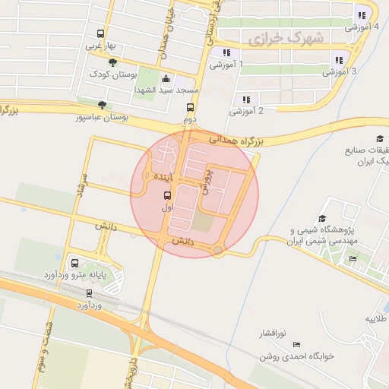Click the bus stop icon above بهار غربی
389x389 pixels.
(x=100, y=33)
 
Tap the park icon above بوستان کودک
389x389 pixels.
(x=112, y=62)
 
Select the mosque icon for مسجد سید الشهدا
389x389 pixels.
(x=166, y=78)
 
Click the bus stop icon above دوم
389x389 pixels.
(x=190, y=108)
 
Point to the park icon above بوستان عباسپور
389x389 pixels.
(x=102, y=106)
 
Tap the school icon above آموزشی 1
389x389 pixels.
(x=226, y=52)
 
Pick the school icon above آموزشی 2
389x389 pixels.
(x=246, y=99)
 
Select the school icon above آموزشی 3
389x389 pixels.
(x=339, y=59)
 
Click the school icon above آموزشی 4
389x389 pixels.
(x=362, y=14)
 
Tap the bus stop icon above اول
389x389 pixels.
(x=168, y=194)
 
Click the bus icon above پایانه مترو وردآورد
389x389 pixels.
(x=74, y=263)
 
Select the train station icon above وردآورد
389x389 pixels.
(x=90, y=293)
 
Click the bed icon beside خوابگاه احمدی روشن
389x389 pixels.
(x=296, y=344)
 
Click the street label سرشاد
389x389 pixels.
(x=81, y=185)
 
